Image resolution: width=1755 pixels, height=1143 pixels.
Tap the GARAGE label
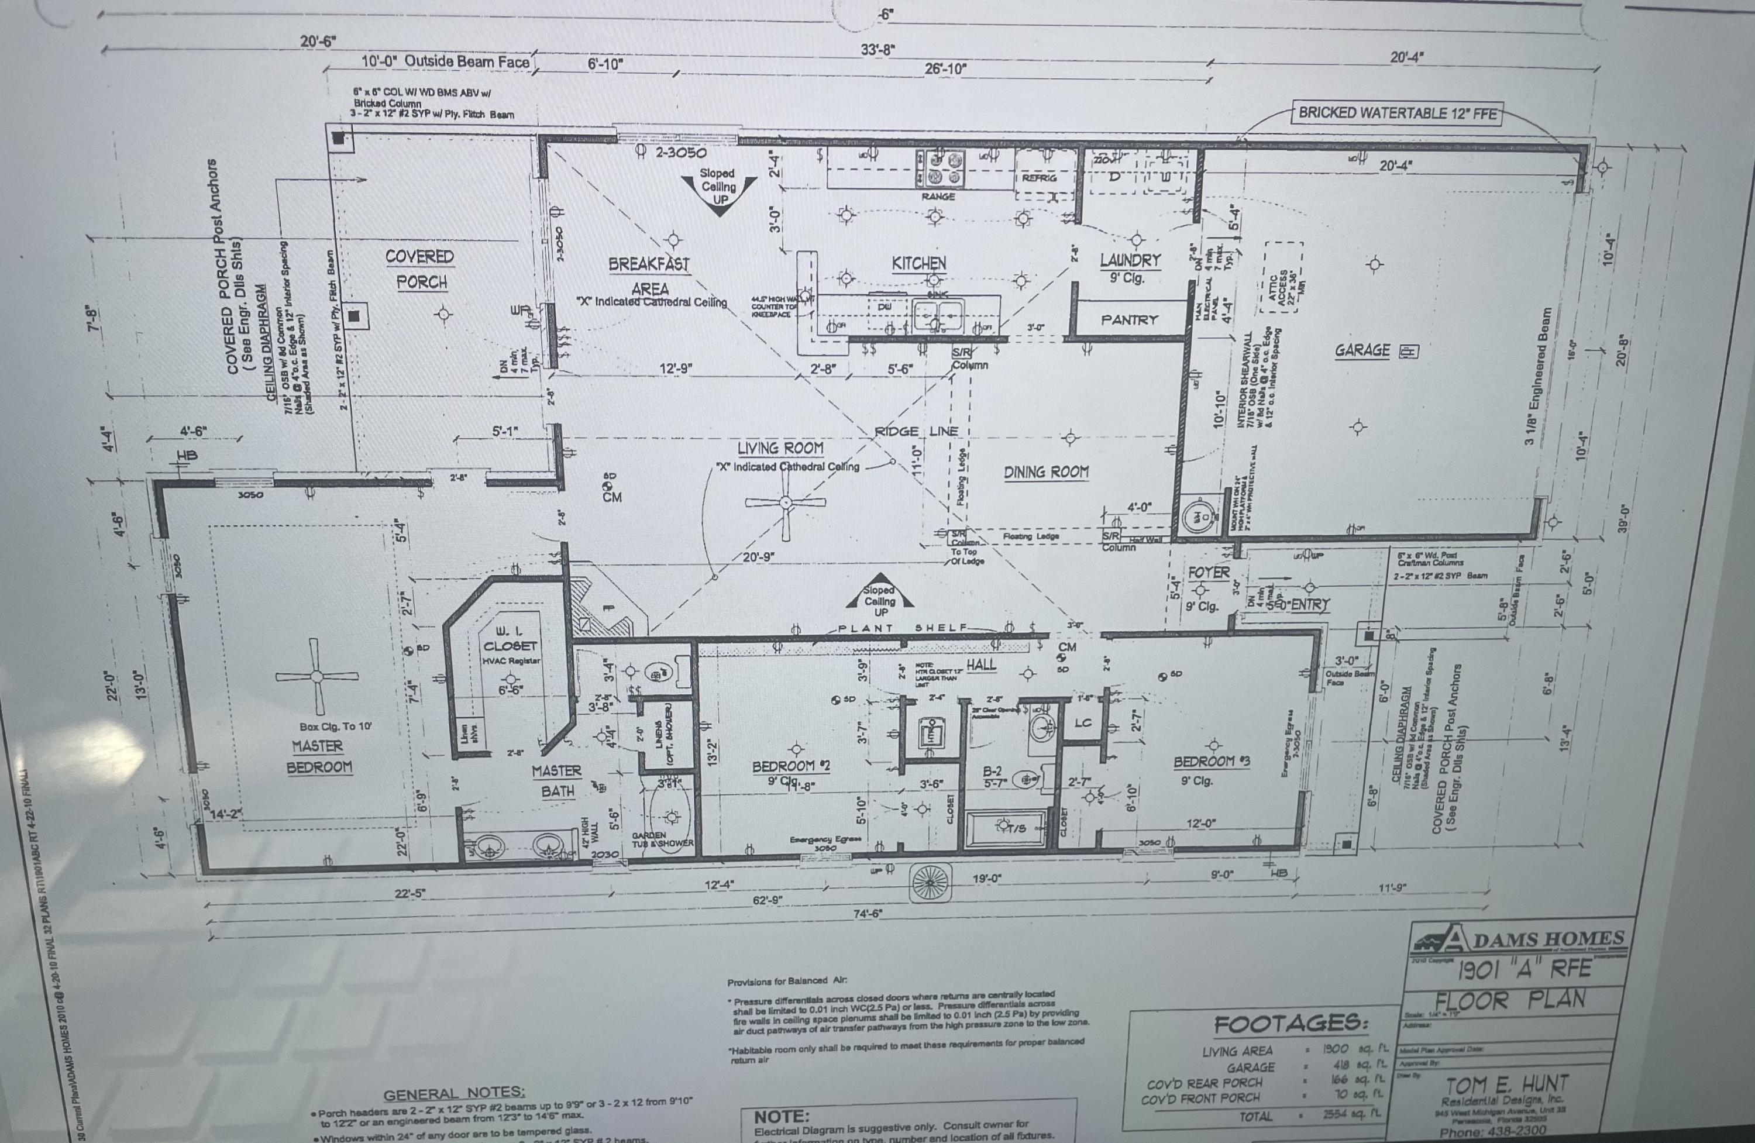tap(1362, 350)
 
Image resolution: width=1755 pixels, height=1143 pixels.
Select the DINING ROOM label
tap(1045, 472)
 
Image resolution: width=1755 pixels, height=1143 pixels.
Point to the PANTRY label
tap(1129, 320)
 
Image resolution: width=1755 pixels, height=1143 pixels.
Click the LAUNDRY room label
tap(1130, 260)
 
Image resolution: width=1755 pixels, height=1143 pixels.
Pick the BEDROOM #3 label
tap(1212, 762)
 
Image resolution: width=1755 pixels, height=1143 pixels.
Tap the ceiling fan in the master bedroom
tap(317, 676)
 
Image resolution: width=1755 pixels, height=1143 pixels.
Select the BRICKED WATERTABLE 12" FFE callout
tap(1398, 113)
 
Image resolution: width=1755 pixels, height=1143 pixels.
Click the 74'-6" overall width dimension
tap(868, 914)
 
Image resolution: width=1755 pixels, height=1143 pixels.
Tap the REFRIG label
tap(1039, 178)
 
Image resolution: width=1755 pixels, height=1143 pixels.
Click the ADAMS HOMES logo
tap(1519, 939)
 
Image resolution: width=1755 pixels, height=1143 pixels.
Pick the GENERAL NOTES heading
tap(454, 1093)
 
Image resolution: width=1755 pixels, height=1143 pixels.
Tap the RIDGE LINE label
tap(916, 431)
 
